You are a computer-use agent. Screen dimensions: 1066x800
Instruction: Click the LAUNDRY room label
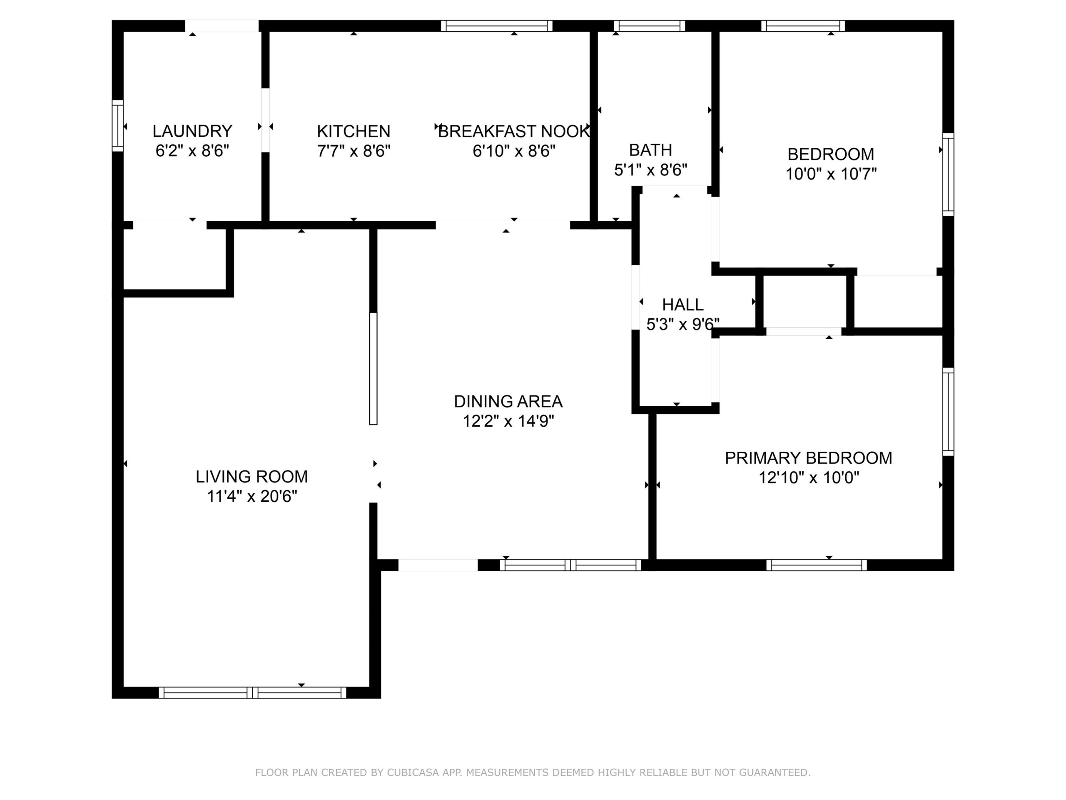[x=192, y=131]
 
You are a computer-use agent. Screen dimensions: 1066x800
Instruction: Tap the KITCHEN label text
[x=353, y=131]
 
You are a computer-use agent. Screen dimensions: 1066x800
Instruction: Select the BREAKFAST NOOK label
[x=514, y=131]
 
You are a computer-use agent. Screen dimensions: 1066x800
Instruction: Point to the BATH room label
[x=650, y=150]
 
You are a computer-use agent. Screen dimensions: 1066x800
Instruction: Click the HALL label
[x=682, y=304]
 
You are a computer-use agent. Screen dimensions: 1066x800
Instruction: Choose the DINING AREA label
[x=508, y=401]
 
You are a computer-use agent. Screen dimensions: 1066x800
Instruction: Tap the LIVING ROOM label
[x=252, y=476]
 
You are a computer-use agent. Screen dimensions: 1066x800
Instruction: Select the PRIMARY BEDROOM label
[x=809, y=457]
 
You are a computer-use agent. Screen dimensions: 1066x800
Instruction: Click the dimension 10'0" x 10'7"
[x=831, y=174]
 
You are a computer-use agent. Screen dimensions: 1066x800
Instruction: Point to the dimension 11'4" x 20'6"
[x=252, y=496]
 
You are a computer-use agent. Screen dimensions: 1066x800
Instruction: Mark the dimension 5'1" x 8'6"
[x=650, y=170]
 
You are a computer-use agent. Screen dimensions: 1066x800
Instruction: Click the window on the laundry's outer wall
[x=117, y=125]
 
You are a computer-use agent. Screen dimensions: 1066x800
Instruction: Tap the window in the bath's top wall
[x=650, y=26]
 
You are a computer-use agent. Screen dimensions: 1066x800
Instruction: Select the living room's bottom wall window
[x=252, y=693]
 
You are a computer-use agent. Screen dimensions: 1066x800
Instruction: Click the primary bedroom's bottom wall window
[x=817, y=565]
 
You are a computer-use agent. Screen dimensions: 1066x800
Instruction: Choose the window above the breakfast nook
[x=496, y=26]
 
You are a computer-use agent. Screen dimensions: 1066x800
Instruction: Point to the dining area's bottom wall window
[x=570, y=565]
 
